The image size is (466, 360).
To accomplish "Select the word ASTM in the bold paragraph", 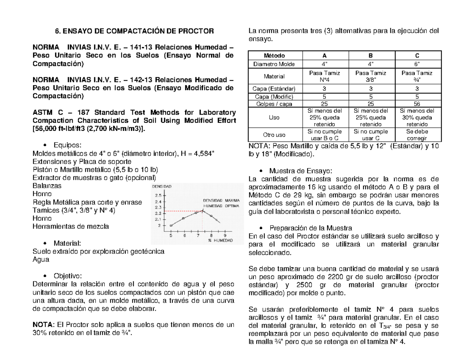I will point(43,113).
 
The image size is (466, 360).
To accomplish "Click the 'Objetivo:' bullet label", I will point(68,275).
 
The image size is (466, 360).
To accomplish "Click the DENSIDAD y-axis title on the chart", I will point(161,186).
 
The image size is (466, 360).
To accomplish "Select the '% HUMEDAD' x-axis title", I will point(220,241).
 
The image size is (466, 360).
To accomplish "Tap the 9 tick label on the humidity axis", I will point(225,235).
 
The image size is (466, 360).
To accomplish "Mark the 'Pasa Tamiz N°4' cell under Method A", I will point(321,76).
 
